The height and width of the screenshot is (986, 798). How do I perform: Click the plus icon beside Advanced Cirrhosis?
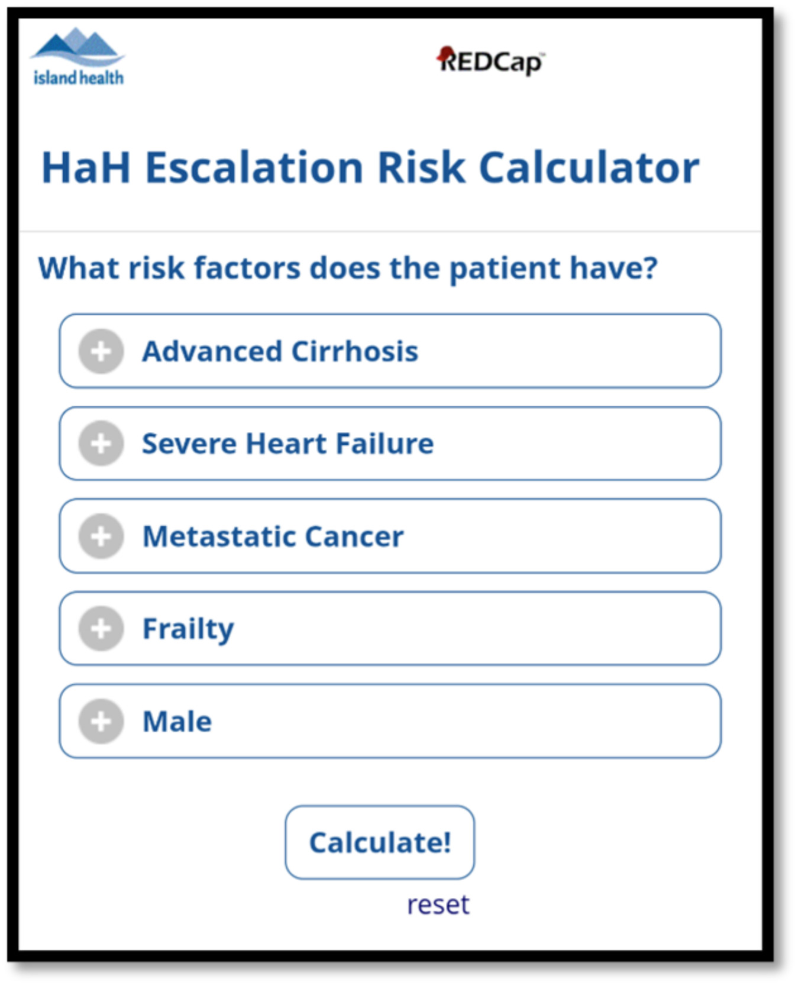pos(101,351)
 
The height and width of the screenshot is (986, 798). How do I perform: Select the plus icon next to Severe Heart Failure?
pos(101,444)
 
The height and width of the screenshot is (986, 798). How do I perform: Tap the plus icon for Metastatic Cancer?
pos(101,536)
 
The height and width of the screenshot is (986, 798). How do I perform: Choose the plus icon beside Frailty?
pos(101,629)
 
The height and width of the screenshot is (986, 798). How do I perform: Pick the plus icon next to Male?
pos(101,722)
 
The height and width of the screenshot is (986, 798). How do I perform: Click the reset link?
pos(438,905)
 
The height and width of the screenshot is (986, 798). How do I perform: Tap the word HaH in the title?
pos(86,168)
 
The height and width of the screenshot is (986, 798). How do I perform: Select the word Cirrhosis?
pos(354,351)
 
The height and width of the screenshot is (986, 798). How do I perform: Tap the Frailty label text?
pos(188,629)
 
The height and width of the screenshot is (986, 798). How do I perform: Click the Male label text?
pos(177,722)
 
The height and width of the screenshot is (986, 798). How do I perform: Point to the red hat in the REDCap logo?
pos(445,54)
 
